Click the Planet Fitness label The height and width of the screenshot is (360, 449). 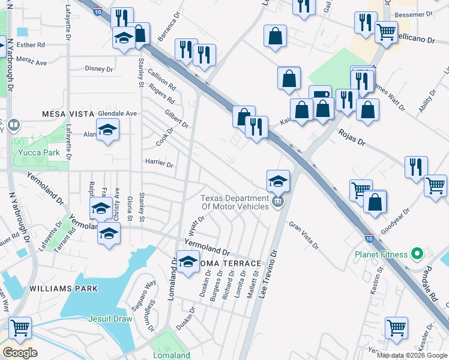(382, 254)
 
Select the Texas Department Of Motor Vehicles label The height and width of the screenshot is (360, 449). (235, 202)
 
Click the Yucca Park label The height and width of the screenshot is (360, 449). (43, 152)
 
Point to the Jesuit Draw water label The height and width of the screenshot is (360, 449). (110, 319)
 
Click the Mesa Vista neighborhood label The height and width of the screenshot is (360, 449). (68, 113)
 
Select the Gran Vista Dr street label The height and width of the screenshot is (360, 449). (304, 235)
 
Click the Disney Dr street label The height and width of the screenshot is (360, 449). (99, 69)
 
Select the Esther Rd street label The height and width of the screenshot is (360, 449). (32, 45)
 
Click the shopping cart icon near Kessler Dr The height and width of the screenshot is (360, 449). (396, 328)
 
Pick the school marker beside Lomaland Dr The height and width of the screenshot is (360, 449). (188, 262)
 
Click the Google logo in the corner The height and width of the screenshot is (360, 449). (20, 353)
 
